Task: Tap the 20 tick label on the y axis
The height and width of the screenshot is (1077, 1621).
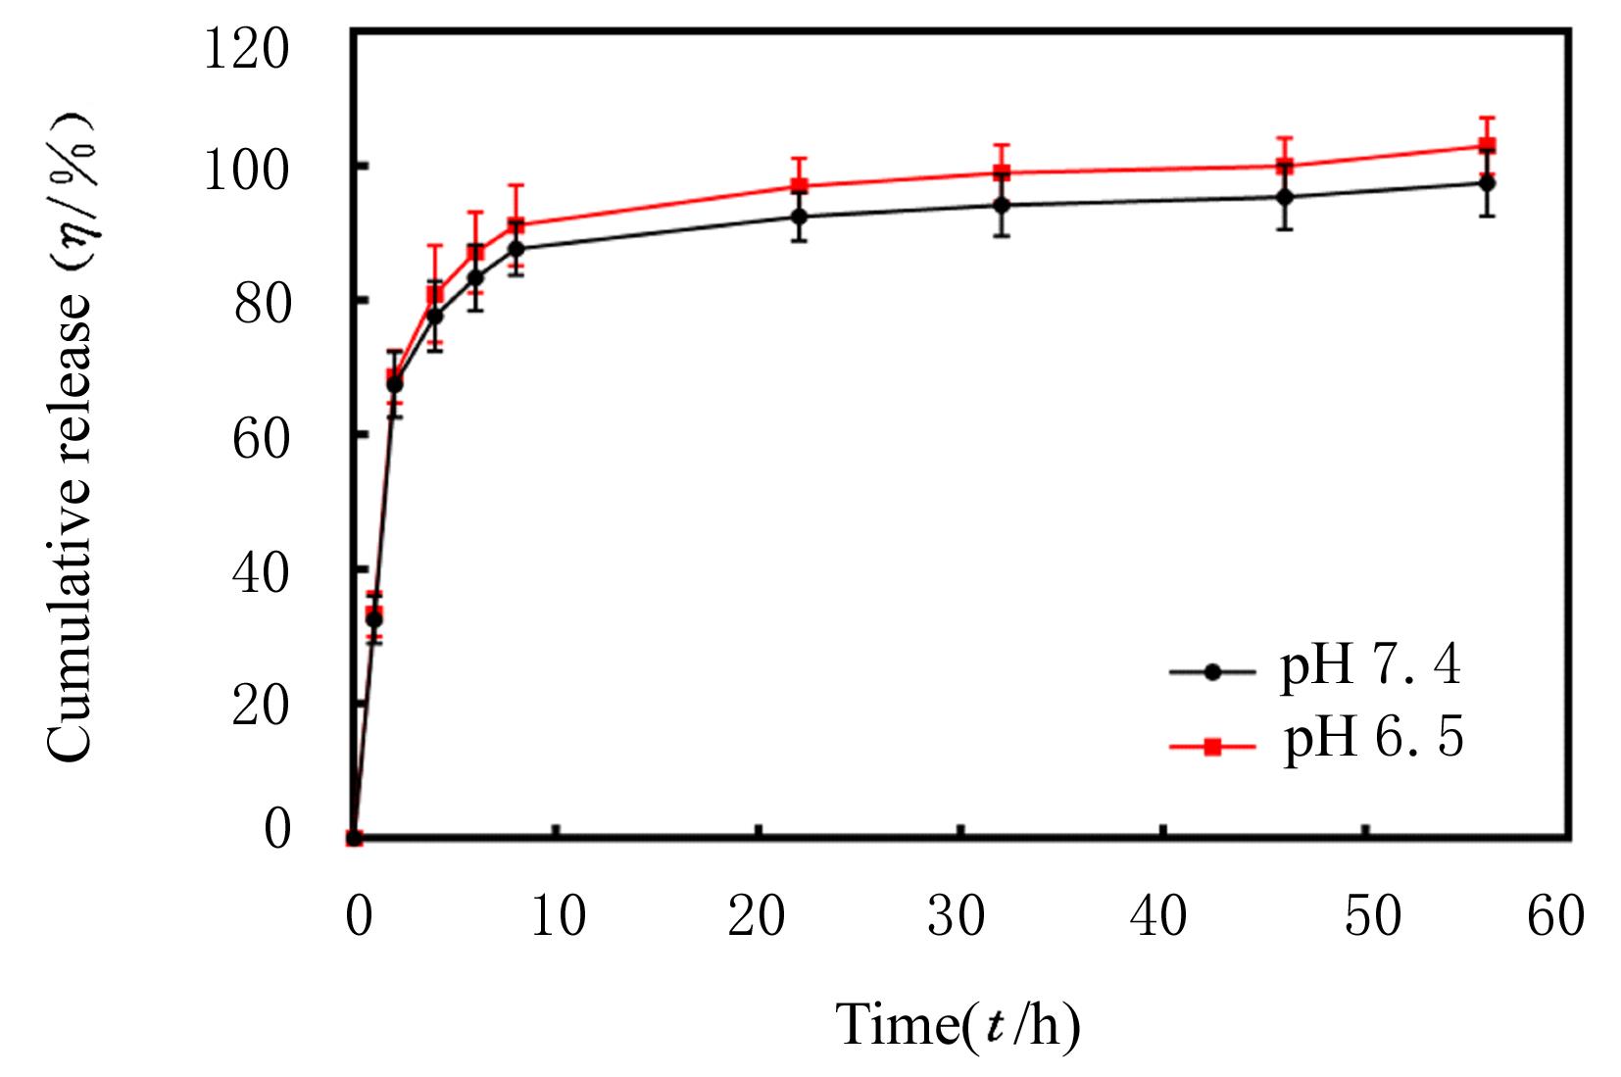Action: click(261, 704)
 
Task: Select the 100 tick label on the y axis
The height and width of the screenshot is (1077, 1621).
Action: click(245, 169)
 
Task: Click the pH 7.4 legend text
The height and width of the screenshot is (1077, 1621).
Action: click(1370, 667)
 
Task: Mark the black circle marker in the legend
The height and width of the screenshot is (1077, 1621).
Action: click(1212, 672)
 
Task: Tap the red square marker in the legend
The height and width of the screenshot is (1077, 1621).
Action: click(1212, 748)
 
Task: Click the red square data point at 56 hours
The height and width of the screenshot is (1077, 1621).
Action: click(1487, 146)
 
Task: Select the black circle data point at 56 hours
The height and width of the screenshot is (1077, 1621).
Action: click(1487, 183)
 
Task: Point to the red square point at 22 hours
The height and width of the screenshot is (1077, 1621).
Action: click(800, 185)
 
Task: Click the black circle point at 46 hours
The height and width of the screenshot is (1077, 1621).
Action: click(1285, 197)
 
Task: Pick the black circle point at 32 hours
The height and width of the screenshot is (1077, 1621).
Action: click(1002, 205)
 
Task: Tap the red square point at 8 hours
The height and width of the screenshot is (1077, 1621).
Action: click(516, 225)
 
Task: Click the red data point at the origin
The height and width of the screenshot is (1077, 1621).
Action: click(355, 838)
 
